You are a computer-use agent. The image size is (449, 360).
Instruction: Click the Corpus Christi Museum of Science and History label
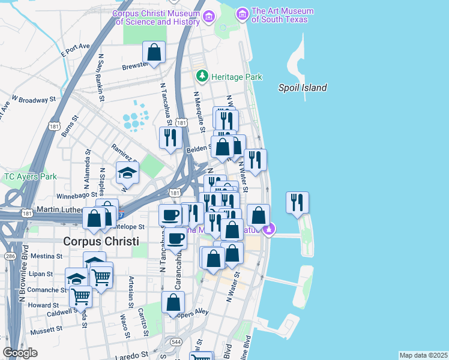(157, 17)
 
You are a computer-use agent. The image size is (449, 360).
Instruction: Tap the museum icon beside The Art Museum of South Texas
(243, 13)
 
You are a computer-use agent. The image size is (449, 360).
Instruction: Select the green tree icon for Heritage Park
(202, 76)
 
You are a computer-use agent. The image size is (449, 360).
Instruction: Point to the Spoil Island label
(303, 88)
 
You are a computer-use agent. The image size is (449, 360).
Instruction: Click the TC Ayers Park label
(30, 176)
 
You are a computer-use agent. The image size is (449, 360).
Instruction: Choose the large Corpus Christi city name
(101, 241)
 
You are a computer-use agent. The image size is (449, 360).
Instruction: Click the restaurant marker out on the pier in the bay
(297, 203)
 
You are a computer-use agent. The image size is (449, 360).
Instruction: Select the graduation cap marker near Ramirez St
(127, 173)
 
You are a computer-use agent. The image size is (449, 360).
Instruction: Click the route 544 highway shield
(175, 342)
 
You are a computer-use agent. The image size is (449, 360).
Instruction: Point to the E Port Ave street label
(75, 50)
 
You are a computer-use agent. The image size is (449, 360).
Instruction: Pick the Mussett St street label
(46, 329)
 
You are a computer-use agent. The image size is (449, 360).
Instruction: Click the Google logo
(20, 353)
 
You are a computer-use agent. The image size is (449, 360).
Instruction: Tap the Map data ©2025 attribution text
(423, 355)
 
